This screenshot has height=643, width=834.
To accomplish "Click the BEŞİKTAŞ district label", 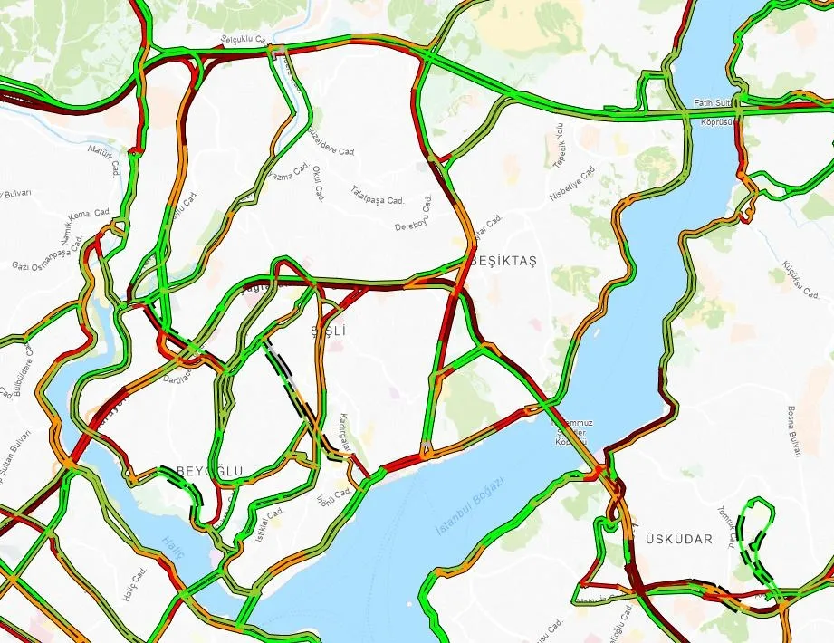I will [503, 261].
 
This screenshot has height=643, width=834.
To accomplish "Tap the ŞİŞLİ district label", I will [329, 331].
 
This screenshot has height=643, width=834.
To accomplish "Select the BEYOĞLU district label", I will [209, 471].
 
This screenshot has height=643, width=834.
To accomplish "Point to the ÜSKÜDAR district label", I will [680, 539].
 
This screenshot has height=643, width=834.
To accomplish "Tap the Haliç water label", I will [173, 543].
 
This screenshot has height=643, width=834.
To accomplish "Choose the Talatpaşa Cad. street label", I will [377, 196].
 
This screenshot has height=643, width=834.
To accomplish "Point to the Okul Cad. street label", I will [318, 180].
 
